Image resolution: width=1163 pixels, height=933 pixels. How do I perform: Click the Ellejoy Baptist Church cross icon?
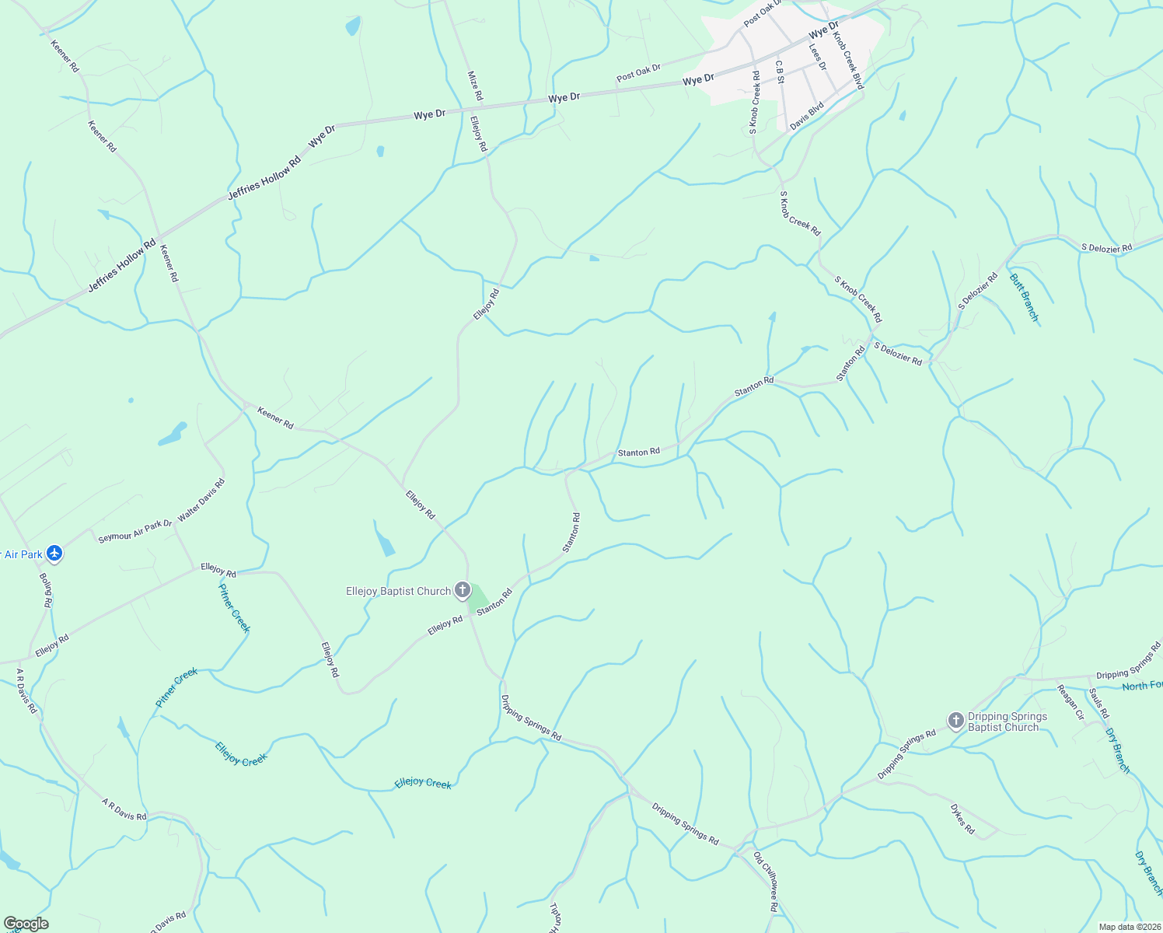click(463, 590)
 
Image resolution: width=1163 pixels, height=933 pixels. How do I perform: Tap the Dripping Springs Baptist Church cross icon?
click(956, 721)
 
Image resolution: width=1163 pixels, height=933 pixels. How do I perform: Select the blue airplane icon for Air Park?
click(54, 554)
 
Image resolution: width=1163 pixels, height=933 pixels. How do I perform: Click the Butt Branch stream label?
click(1023, 297)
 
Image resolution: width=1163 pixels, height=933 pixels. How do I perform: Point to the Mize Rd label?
click(475, 86)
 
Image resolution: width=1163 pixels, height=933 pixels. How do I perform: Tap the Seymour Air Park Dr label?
click(134, 531)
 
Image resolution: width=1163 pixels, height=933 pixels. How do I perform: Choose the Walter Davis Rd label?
click(201, 500)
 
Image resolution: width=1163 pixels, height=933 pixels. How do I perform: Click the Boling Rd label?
click(46, 590)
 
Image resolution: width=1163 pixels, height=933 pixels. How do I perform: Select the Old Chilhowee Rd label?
click(766, 882)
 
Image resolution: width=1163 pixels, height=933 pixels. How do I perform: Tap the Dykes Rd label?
click(962, 819)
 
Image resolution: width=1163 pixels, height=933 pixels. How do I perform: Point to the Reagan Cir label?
click(1070, 702)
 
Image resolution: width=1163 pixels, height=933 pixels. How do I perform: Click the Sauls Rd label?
click(1098, 704)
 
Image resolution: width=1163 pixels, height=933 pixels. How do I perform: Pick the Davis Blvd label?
click(806, 117)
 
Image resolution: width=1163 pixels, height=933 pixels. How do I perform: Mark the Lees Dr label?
click(817, 56)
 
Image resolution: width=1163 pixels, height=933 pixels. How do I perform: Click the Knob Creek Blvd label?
click(848, 61)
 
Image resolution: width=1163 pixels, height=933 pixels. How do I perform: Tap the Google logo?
click(26, 924)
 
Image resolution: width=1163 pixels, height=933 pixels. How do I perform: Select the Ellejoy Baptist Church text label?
click(398, 591)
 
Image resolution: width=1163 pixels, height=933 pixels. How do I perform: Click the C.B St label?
click(780, 72)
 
